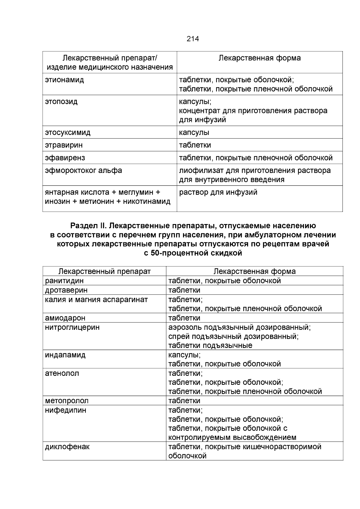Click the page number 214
pyautogui.click(x=193, y=39)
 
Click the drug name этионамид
pyautogui.click(x=64, y=80)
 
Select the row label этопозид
pyautogui.click(x=61, y=102)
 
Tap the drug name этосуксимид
pyautogui.click(x=67, y=133)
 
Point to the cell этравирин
pyautogui.click(x=64, y=145)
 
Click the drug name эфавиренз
pyautogui.click(x=65, y=158)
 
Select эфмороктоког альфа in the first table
pyautogui.click(x=83, y=171)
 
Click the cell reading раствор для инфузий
pyautogui.click(x=218, y=192)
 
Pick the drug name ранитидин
pyautogui.click(x=64, y=281)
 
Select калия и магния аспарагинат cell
pyautogui.click(x=96, y=299)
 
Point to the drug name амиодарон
pyautogui.click(x=65, y=318)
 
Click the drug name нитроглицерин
pyautogui.click(x=72, y=327)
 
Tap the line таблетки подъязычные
pyautogui.click(x=210, y=346)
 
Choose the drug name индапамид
pyautogui.click(x=65, y=355)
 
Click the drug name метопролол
pyautogui.click(x=67, y=401)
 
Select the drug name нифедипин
pyautogui.click(x=65, y=410)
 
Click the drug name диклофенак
pyautogui.click(x=67, y=447)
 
